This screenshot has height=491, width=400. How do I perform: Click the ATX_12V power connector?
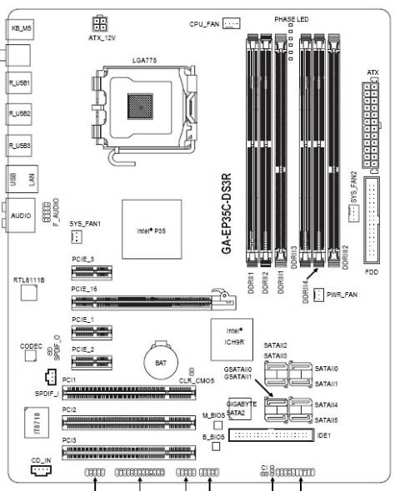[x=101, y=22]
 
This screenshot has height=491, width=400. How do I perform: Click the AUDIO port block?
[x=21, y=215]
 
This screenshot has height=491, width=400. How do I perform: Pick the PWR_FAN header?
[x=317, y=295]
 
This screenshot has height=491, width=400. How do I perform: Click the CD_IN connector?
[x=40, y=470]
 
